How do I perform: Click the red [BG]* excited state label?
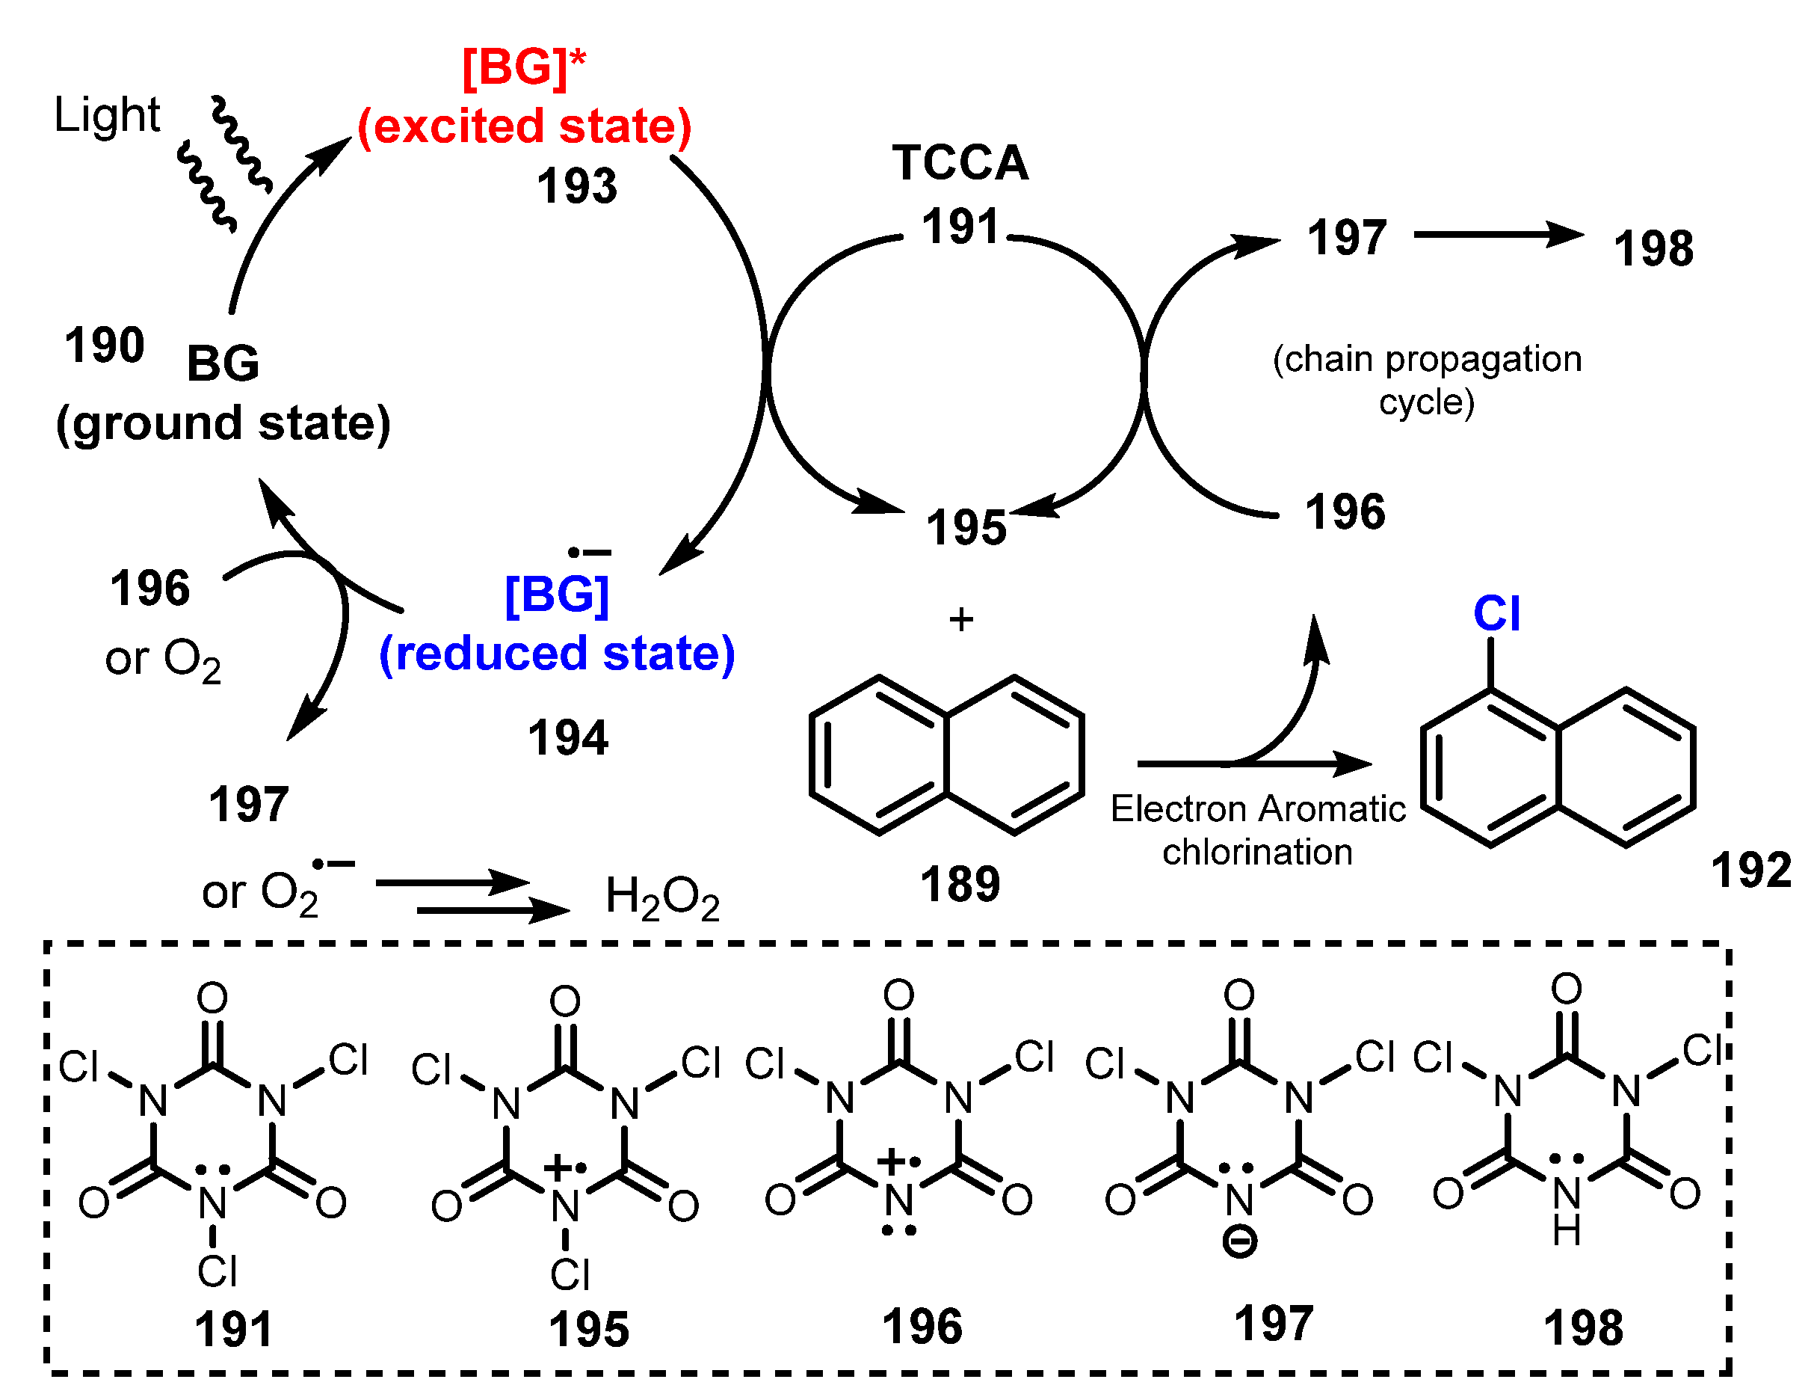click(x=524, y=67)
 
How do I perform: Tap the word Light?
click(x=106, y=114)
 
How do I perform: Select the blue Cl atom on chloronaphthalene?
click(x=1496, y=614)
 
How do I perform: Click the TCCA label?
click(x=960, y=163)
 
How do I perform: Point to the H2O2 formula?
click(x=662, y=897)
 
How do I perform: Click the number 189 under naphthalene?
click(x=960, y=884)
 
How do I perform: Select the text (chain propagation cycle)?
click(x=1426, y=381)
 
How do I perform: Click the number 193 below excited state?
click(x=576, y=186)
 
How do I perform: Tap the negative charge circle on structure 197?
click(x=1239, y=1243)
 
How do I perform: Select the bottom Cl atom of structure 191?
click(x=218, y=1271)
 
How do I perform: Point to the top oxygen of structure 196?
click(x=898, y=995)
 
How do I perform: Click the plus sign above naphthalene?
click(x=961, y=620)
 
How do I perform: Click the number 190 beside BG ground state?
click(x=105, y=345)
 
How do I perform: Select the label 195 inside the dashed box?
click(x=589, y=1330)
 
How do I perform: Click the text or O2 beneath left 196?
click(x=163, y=660)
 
